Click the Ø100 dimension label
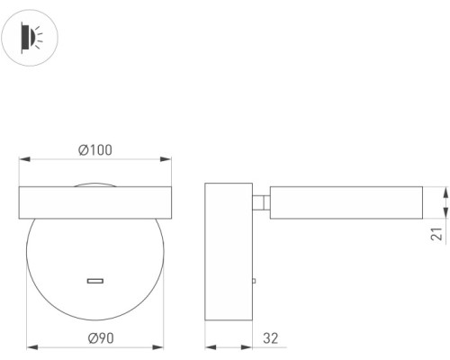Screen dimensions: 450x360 pos(95,150)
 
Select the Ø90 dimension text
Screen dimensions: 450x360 pos(101,338)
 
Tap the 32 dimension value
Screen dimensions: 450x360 pos(271,338)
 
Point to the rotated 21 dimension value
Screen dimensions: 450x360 pos(436,234)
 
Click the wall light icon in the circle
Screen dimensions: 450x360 pos(30,38)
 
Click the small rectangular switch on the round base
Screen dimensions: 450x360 pos(95,281)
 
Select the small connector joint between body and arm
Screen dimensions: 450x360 pos(261,202)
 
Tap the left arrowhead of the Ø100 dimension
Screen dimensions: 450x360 pos(24,159)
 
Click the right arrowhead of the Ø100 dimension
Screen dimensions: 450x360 pos(166,159)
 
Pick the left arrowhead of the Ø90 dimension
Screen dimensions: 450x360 pos(32,347)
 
